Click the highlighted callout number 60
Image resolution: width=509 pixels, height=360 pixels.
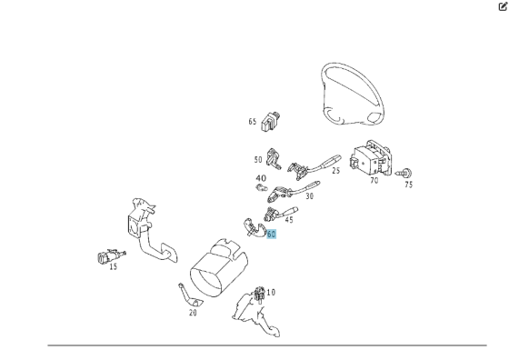coord(271,234)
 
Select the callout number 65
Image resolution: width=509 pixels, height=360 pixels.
coord(253,122)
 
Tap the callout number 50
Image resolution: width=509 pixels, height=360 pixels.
coord(258,160)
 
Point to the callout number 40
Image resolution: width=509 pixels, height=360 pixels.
coord(261,178)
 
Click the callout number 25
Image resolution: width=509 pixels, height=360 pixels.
coord(336,170)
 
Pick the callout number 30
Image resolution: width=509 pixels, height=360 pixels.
coord(310,196)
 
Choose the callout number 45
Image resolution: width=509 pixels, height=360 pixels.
coord(289,220)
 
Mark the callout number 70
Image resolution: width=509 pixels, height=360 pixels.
coord(374,181)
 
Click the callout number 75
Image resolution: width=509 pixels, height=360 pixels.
coord(409,185)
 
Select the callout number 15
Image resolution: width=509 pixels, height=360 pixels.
coord(113,267)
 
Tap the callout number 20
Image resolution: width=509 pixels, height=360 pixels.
coord(193,313)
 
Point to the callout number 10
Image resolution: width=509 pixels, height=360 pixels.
coord(271,293)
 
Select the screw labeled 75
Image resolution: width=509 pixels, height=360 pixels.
coord(404,174)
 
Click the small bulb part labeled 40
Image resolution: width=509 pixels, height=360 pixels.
coord(262,187)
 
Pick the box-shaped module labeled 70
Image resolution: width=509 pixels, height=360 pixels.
coord(371,158)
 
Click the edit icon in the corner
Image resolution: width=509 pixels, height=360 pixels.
coord(503,6)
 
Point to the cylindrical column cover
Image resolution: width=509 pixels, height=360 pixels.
coord(219,268)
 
